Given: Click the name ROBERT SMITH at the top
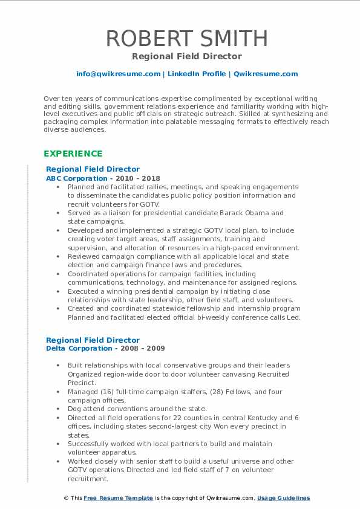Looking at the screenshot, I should click(x=186, y=38).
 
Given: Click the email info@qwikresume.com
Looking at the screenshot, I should click(x=118, y=74).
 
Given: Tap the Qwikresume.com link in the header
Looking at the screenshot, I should click(x=266, y=74).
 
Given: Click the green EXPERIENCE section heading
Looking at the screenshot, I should click(x=73, y=154).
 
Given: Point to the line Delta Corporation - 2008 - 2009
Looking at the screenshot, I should click(x=105, y=348).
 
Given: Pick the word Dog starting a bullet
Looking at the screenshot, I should click(x=75, y=409).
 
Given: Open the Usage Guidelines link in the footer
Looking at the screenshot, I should click(x=283, y=498).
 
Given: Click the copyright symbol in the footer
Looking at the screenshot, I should click(x=66, y=498).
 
